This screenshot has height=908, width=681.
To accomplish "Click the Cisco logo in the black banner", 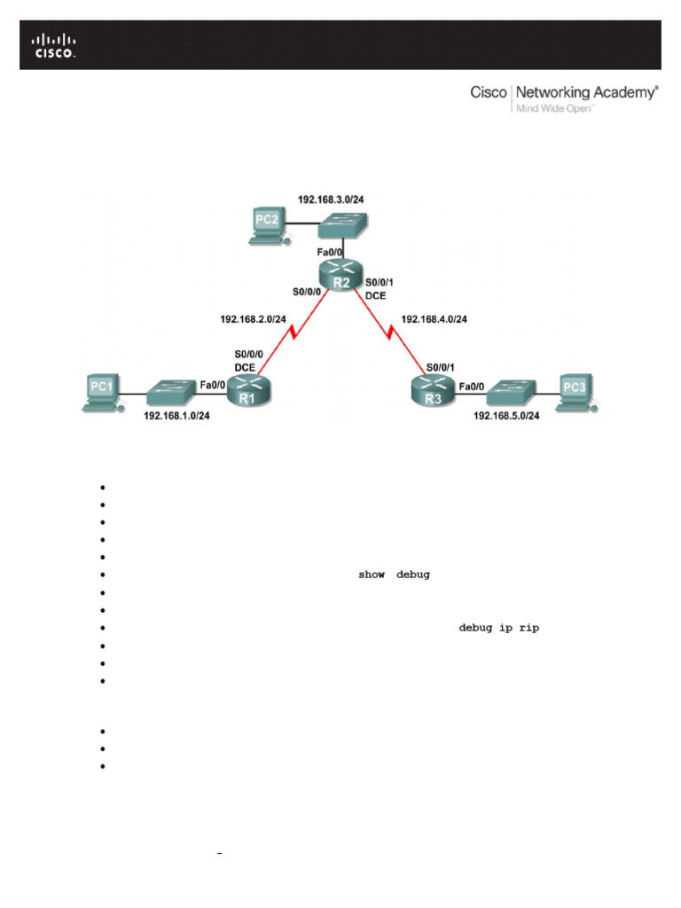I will pyautogui.click(x=55, y=45).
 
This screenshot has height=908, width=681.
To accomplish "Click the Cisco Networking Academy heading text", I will pyautogui.click(x=564, y=92).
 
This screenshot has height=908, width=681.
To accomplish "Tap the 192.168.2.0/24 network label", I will pyautogui.click(x=253, y=317).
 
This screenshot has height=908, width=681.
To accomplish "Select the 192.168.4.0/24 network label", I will pyautogui.click(x=434, y=317).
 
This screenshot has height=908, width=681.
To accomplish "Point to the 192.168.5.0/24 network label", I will pyautogui.click(x=506, y=415).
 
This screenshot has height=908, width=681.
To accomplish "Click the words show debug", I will pyautogui.click(x=394, y=575).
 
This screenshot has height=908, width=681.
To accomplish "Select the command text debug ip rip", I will pyautogui.click(x=498, y=628).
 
